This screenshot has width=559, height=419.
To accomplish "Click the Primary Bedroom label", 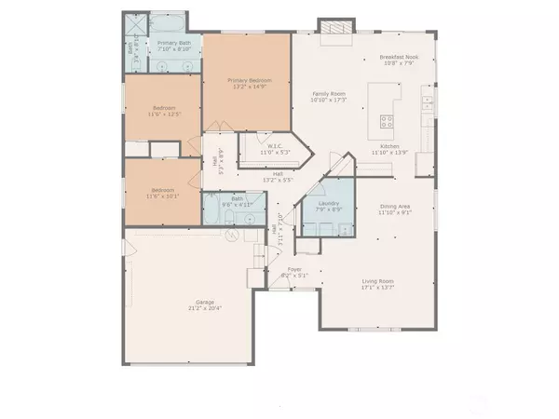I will pos(248,81).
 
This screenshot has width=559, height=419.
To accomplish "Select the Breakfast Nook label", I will pos(399,58).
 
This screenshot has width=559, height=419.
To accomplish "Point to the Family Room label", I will pos(328,94).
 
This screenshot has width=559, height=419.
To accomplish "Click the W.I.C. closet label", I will pos(274,145).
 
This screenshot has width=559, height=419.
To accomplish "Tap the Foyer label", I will pos(293,269).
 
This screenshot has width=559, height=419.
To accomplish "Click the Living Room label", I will pos(378,281).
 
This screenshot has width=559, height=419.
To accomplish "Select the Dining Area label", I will pos(395,207).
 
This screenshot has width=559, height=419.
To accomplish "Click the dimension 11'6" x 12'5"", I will pos(163,115).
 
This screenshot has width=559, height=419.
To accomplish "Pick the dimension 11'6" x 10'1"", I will pos(163,196).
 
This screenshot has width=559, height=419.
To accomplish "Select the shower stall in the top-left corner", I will pos(135,23).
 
